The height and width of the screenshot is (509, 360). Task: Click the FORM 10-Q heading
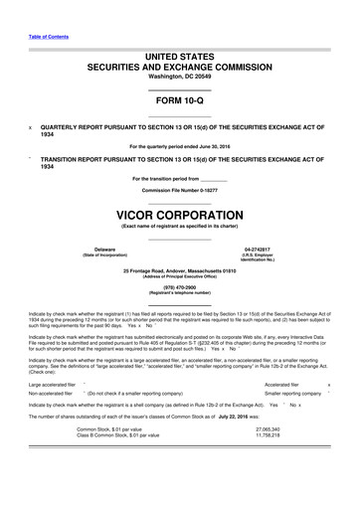(x=180, y=101)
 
